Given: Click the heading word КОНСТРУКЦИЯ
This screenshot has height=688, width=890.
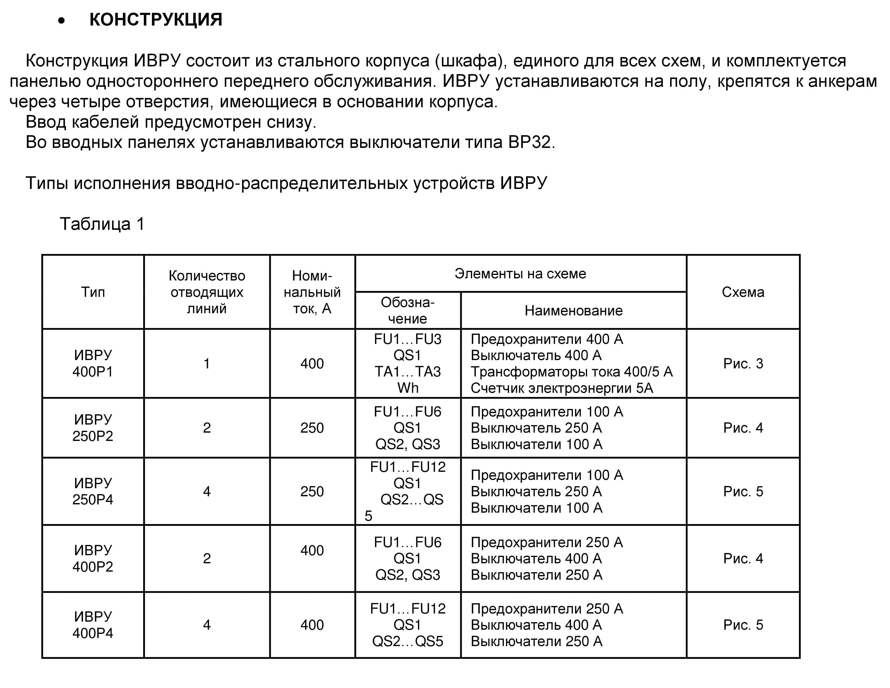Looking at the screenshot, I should point(156,20).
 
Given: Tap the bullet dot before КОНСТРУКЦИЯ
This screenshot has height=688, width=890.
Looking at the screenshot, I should point(62,21).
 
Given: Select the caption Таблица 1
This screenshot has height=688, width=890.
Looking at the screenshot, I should point(102,224).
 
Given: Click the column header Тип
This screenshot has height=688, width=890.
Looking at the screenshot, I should point(93,292).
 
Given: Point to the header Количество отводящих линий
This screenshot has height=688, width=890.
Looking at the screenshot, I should point(207,292).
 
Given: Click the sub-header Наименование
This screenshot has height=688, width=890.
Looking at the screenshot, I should point(573,311).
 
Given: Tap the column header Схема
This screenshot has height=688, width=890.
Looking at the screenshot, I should point(743,292).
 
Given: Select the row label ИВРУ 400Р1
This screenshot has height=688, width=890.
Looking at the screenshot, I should point(93,363).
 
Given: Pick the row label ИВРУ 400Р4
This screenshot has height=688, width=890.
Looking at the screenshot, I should point(93,625).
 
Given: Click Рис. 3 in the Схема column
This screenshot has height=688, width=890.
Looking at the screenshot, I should point(743,363).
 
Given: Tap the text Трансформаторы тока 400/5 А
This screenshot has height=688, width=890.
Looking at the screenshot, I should point(571,372).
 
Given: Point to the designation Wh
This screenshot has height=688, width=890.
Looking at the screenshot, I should point(408,388).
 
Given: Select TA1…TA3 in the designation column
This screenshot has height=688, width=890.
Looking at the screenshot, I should point(408,372).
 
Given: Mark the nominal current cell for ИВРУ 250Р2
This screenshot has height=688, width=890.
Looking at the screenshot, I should point(312,428).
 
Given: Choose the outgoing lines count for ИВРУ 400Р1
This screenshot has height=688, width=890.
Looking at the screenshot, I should point(207,363).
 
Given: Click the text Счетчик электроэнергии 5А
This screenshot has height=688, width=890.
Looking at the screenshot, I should point(561,388).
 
